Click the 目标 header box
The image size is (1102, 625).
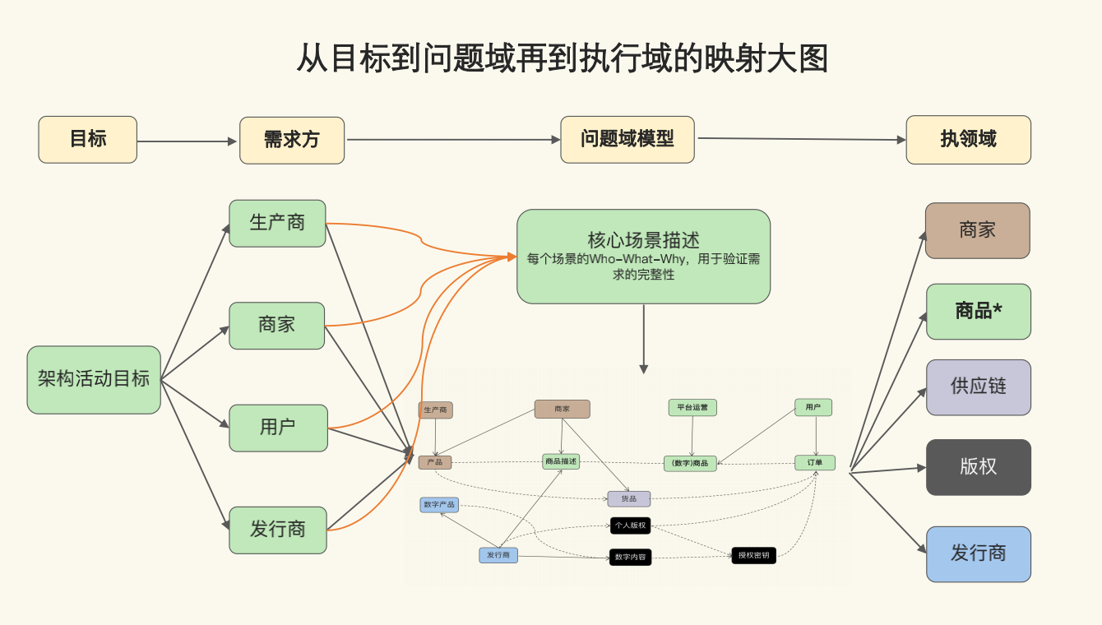pos(87,139)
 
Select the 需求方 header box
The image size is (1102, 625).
pos(292,140)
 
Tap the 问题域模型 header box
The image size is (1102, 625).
pos(627,139)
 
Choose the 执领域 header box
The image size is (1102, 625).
pos(968,139)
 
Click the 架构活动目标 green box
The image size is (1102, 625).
pos(94,379)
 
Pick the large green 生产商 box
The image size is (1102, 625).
pos(277,223)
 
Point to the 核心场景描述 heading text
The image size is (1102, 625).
pos(643,240)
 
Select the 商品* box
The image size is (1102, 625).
pos(978,311)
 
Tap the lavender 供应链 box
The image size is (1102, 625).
pos(978,387)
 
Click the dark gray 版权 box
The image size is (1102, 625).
pos(978,466)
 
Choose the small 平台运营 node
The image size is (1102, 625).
pos(692,407)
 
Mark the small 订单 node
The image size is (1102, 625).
pos(814,463)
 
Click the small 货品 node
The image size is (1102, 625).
pos(628,498)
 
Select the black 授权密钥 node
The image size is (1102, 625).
pos(753,555)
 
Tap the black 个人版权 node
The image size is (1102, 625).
pos(630,525)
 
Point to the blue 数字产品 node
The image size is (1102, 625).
pos(439,504)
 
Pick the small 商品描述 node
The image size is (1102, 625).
pos(561,461)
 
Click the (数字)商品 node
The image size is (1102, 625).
pos(690,463)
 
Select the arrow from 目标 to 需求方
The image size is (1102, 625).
pos(188,141)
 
